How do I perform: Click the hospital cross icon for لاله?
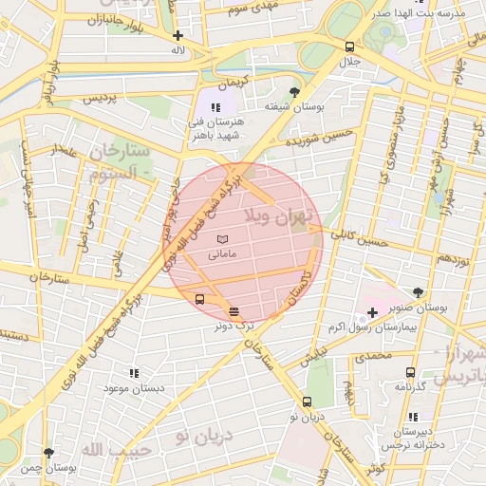click(x=178, y=35)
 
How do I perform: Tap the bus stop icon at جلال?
click(x=350, y=47)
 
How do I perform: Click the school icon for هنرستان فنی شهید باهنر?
click(x=216, y=107)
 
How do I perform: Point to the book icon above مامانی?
click(x=223, y=239)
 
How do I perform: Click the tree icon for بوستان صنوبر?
click(x=419, y=292)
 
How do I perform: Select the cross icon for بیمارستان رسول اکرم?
click(x=372, y=311)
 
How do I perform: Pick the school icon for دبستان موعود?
click(x=134, y=374)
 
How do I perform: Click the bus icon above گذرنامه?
click(x=410, y=373)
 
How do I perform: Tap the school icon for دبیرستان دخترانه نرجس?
click(x=412, y=417)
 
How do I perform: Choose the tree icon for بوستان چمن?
click(x=49, y=454)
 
